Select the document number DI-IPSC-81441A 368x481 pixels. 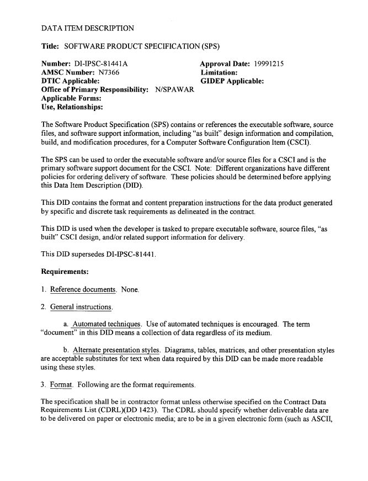(101, 64)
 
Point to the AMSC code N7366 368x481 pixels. (110, 72)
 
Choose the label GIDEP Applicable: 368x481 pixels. (232, 81)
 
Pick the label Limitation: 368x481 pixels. (219, 72)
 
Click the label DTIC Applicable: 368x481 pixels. (71, 81)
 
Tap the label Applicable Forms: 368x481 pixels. (71, 98)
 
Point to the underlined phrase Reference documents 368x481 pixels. (83, 289)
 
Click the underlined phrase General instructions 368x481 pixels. (81, 306)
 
